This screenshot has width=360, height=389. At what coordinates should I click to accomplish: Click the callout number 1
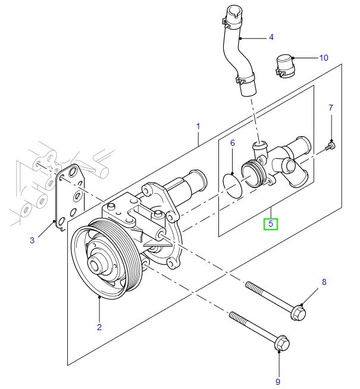pos(198,126)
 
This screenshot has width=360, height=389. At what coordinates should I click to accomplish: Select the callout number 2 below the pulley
pos(99,327)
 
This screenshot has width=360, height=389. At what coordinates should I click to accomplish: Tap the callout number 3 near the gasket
pos(33,240)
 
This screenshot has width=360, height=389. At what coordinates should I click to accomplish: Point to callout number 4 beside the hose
pos(271,37)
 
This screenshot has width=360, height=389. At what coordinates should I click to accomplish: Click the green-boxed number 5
pos(271,224)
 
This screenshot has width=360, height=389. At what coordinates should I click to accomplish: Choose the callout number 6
pos(233,143)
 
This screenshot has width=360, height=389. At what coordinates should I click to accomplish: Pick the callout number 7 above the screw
pos(331,108)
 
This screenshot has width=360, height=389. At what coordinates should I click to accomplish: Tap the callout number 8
pos(324,282)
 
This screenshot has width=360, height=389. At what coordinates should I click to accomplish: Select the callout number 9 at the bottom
pos(277,381)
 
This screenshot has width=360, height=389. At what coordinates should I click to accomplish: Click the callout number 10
pos(323,58)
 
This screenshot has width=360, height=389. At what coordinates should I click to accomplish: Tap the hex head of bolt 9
pos(281,343)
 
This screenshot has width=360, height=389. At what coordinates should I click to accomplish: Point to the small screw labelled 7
pos(331,145)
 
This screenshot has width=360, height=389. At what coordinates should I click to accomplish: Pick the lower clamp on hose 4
pos(246,79)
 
